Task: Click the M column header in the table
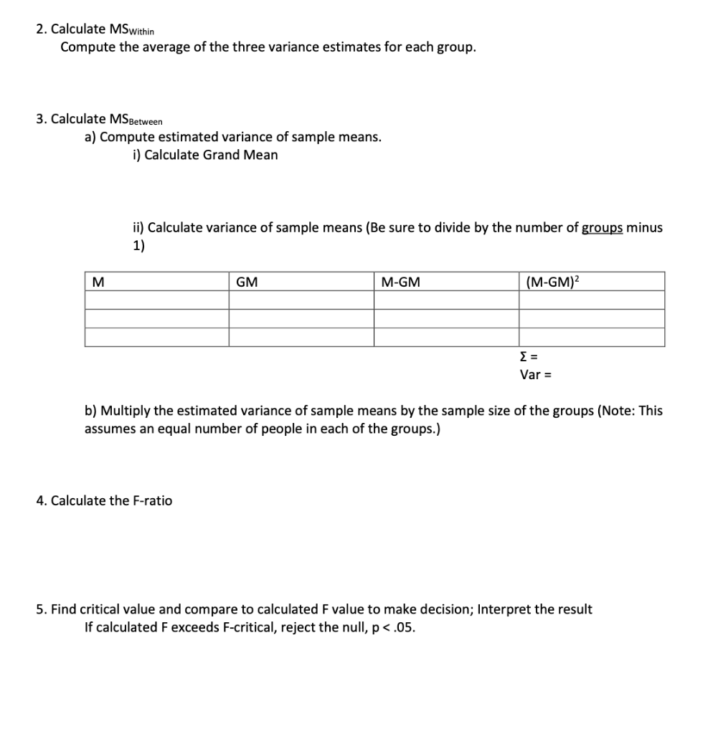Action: coord(95,282)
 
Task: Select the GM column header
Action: coord(246,282)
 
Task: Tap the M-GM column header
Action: coord(400,282)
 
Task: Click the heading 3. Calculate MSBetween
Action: coord(100,119)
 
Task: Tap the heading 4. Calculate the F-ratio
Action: coord(104,500)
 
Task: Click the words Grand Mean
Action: coord(240,155)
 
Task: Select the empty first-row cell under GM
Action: coord(301,300)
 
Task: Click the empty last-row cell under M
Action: coord(156,337)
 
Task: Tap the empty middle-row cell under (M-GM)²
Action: coord(591,318)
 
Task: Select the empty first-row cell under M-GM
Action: coord(445,300)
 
